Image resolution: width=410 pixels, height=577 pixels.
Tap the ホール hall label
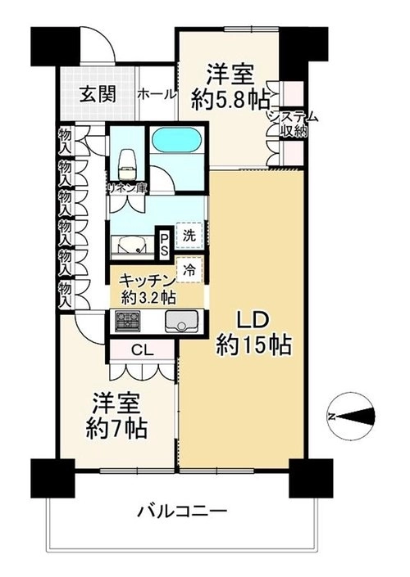[x=157, y=95]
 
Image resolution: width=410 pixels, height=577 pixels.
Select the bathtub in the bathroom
[x=176, y=140]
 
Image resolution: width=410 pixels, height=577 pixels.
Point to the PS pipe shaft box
[x=163, y=243]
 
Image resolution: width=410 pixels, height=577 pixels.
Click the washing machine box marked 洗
[x=189, y=235]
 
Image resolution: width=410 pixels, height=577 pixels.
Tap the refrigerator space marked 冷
[x=189, y=270]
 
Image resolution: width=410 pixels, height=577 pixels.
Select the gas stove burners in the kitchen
[x=128, y=321]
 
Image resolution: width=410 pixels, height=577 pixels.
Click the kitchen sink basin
[x=181, y=322]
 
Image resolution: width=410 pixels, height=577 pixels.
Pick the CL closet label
[x=143, y=350]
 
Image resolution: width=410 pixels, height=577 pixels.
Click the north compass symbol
[x=351, y=416]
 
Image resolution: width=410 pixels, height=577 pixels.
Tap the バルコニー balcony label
[x=182, y=512]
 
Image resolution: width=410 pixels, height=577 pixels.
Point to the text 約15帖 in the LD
[x=254, y=345]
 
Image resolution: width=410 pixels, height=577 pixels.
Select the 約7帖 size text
[x=117, y=427]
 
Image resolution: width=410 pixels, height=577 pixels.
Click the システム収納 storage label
[x=294, y=124]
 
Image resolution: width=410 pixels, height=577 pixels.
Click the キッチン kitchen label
[x=147, y=282]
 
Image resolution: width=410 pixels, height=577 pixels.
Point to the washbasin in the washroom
[x=133, y=246]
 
